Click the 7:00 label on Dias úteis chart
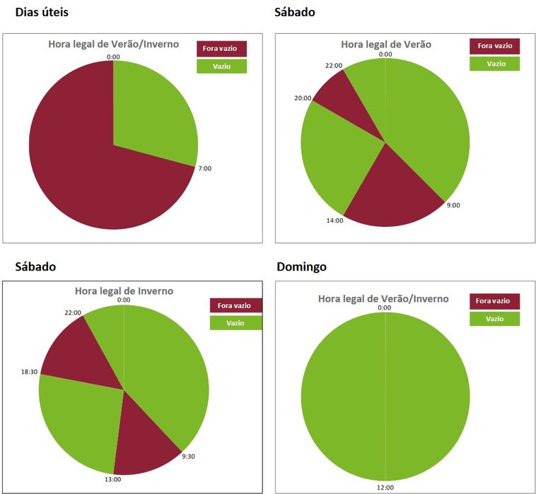(x=204, y=169)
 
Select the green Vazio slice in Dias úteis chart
(x=151, y=113)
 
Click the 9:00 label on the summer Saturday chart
(x=453, y=205)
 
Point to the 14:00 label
(x=334, y=220)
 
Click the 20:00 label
(x=303, y=98)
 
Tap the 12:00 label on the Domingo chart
(x=385, y=486)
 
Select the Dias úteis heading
(x=42, y=13)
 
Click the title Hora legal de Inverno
(x=124, y=290)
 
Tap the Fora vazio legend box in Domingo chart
(x=494, y=301)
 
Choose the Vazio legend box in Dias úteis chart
(x=221, y=66)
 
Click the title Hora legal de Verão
(x=385, y=44)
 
